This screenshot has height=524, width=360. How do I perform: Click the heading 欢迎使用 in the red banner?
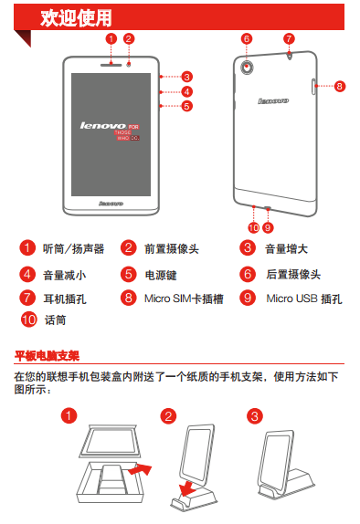tap(76, 17)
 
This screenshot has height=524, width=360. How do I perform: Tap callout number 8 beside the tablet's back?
tap(339, 86)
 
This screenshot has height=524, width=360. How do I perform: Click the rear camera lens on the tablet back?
tap(247, 67)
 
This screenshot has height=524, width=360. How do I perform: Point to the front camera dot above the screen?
tap(129, 64)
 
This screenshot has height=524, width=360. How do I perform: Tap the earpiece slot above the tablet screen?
tap(111, 65)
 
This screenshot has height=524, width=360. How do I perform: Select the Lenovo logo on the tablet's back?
tap(273, 101)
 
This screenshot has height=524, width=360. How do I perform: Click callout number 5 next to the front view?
tap(186, 106)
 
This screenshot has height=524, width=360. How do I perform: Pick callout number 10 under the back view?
tap(254, 227)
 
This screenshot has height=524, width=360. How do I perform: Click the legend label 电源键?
tap(161, 275)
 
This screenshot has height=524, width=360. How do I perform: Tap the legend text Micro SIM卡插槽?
tap(184, 299)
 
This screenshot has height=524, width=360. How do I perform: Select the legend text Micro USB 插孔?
tap(304, 299)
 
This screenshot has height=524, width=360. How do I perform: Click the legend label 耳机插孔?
tap(65, 299)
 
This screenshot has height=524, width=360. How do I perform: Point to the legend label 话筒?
tap(55, 320)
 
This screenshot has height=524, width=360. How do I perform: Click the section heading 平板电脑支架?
tap(47, 356)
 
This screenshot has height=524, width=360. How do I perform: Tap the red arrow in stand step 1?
tap(141, 469)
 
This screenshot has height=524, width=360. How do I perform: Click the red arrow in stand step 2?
tap(187, 488)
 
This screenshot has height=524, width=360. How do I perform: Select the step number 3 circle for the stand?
tap(255, 416)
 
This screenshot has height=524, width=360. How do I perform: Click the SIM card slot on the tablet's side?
tap(313, 87)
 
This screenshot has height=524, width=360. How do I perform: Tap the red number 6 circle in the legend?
tap(248, 275)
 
